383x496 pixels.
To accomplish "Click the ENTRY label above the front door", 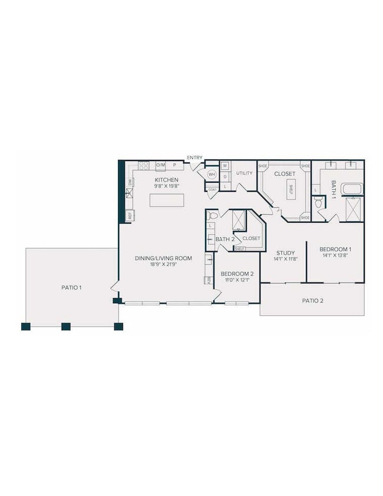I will [194, 157].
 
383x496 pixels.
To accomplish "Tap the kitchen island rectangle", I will [167, 201].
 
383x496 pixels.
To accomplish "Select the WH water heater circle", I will [212, 175].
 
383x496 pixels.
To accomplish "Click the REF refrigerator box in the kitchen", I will [130, 216].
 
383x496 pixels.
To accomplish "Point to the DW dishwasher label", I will [130, 182].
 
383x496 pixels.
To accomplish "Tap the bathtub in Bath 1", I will [352, 189].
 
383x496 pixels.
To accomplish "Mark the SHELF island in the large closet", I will [290, 189].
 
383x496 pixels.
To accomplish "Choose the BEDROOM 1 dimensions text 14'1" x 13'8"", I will [335, 255].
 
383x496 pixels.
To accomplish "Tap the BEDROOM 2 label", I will [237, 274].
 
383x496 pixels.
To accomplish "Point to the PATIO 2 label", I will [313, 300].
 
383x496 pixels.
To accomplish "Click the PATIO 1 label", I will [71, 287].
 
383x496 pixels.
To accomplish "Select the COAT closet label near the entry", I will [212, 189].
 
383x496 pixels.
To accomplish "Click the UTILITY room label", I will [244, 173].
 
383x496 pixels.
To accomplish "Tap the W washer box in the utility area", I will [225, 165].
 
